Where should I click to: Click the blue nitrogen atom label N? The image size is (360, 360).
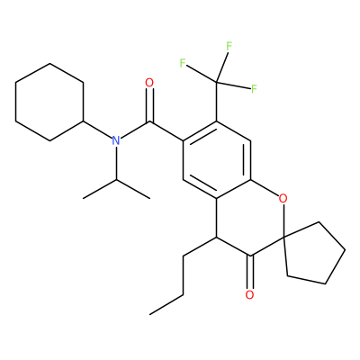point(116,140)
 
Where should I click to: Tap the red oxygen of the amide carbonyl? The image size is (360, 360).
point(149,83)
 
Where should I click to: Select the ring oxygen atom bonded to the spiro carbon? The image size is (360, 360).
point(283,198)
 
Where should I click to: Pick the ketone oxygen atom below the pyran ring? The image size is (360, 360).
point(249,294)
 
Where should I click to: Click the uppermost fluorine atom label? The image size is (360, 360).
point(229,47)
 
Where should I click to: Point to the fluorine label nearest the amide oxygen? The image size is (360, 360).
point(183,63)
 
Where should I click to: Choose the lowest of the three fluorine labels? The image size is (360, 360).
point(254,89)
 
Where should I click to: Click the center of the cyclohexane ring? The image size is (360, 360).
point(49,102)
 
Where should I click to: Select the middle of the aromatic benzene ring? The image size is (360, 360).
point(217,159)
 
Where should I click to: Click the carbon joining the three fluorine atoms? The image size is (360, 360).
point(217,82)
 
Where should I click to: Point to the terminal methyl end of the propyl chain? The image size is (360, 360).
point(150,314)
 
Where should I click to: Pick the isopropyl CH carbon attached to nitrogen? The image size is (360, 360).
point(116,179)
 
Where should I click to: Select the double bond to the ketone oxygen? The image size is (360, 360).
point(250,272)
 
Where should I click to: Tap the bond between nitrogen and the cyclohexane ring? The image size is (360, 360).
point(97,130)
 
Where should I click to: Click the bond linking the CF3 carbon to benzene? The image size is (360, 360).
point(217,102)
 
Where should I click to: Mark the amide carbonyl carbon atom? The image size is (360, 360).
point(149,121)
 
